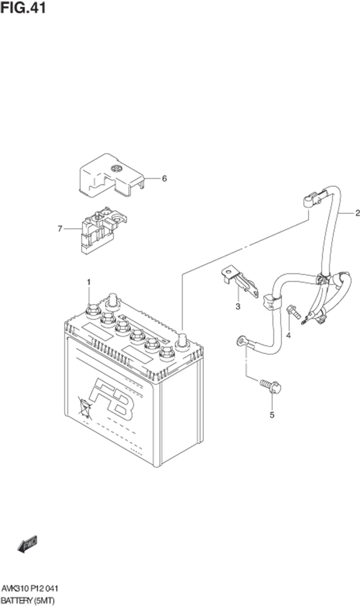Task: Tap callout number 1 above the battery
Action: (89, 282)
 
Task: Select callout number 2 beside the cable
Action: (357, 213)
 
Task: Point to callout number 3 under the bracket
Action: (238, 307)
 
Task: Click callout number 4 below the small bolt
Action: (288, 336)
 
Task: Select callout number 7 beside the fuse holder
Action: (60, 229)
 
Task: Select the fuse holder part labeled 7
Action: (100, 231)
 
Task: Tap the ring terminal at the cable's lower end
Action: (240, 340)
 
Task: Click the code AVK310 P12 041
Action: (30, 588)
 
